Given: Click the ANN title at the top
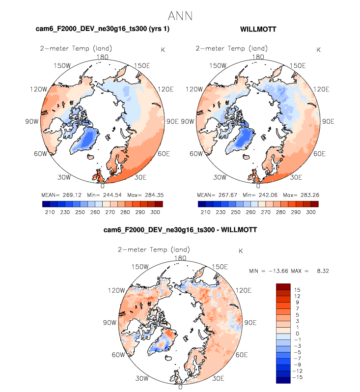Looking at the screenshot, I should (180, 16).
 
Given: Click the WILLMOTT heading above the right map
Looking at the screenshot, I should (258, 29).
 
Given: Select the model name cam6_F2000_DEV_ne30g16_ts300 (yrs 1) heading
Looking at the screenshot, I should (103, 29).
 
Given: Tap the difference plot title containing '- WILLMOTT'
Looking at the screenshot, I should (180, 229).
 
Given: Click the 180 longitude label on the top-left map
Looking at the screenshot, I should (102, 57).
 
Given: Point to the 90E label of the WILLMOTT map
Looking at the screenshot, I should (327, 121).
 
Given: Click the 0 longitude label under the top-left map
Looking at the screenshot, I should (102, 186).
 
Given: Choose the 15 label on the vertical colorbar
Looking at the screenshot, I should (297, 290).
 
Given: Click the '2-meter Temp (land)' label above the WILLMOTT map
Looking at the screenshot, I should (232, 49).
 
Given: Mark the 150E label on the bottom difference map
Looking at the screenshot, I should (219, 267).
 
